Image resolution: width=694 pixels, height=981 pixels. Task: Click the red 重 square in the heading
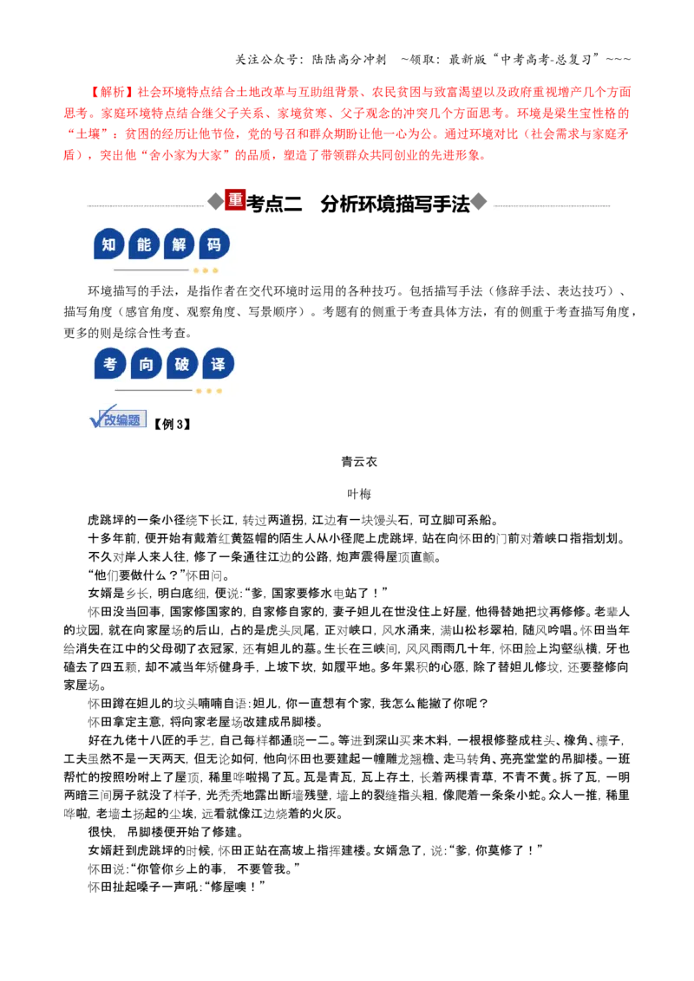(235, 199)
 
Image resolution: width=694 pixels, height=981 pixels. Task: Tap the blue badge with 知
(109, 244)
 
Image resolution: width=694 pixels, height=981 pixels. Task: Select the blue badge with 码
(214, 244)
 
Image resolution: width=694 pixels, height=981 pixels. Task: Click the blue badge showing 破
(182, 364)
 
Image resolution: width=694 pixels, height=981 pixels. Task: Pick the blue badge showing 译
(218, 364)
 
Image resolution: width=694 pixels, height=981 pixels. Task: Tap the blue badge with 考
(110, 364)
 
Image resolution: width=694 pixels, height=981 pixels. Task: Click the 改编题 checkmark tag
(118, 418)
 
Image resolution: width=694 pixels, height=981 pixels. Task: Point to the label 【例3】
(173, 424)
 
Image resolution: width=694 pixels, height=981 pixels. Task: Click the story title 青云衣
(359, 462)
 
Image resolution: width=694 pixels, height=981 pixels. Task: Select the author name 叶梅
(359, 494)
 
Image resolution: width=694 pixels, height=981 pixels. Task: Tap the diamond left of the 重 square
(216, 201)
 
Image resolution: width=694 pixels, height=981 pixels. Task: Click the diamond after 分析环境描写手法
(479, 201)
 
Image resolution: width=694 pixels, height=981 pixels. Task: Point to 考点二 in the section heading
(274, 204)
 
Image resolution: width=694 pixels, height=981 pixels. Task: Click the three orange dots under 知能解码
(206, 271)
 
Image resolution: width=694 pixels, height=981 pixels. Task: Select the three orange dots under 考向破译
(208, 391)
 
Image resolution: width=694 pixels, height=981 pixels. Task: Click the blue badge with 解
(179, 244)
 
